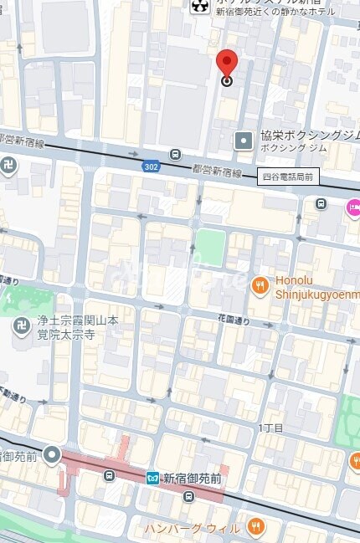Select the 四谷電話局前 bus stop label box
(x=287, y=177)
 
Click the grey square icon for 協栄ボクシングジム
(x=243, y=140)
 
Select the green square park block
(x=210, y=247)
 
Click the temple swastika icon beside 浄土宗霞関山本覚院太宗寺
(x=22, y=326)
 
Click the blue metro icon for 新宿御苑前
(x=152, y=478)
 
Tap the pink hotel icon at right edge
(x=353, y=207)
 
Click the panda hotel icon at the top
(x=199, y=8)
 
